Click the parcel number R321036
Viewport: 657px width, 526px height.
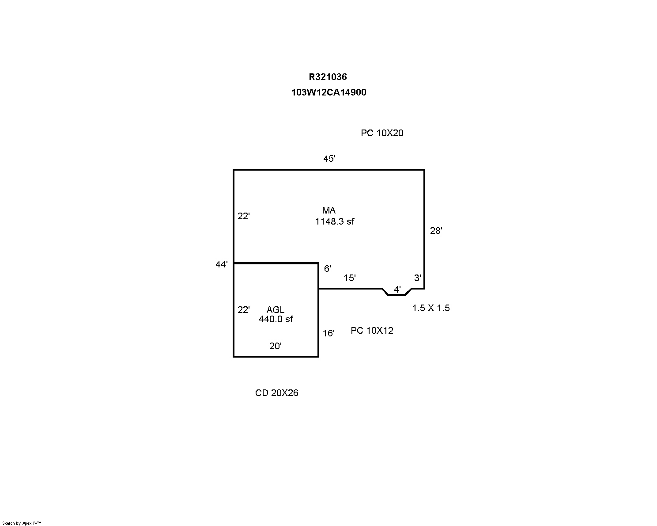328,77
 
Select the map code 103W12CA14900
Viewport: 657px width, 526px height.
328,92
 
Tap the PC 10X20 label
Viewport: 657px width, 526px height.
382,133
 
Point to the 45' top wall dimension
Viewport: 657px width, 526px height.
329,159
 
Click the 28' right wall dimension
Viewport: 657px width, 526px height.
436,231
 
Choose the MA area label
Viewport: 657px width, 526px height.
329,210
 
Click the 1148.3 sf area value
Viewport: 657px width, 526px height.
335,221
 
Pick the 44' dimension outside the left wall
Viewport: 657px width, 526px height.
222,264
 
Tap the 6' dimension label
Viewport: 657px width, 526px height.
327,268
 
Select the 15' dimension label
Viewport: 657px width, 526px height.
350,278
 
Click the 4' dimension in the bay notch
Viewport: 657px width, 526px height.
397,290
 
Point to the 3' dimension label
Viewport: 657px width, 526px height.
417,278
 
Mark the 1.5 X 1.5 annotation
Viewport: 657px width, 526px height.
431,308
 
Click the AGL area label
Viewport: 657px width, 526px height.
276,310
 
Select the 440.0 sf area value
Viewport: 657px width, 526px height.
276,319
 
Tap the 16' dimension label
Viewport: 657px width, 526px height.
328,333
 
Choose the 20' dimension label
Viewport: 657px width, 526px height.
276,346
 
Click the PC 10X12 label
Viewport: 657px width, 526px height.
372,331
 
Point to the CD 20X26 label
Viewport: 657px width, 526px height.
277,393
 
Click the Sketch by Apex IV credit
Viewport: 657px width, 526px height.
22,523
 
